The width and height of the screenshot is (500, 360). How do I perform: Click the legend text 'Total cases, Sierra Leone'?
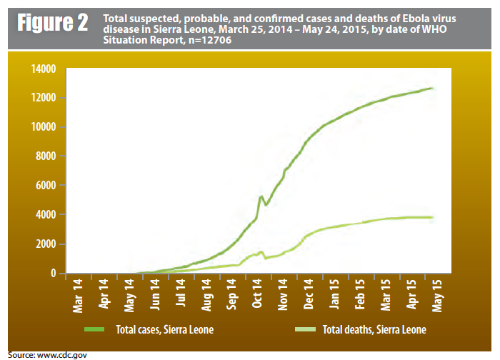pos(164,331)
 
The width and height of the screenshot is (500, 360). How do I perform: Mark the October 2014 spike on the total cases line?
pos(261,196)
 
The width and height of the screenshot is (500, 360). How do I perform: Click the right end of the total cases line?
pos(433,89)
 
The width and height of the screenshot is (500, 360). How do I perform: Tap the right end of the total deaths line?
pos(433,217)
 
